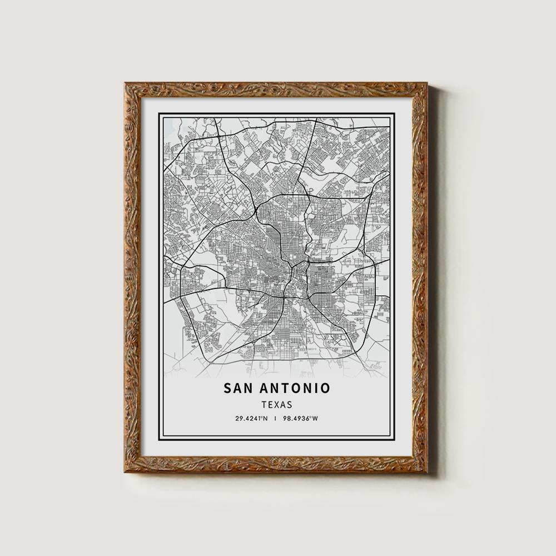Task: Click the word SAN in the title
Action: click(x=237, y=388)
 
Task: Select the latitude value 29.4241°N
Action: click(x=251, y=419)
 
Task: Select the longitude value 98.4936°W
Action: click(x=300, y=419)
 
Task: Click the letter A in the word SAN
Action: click(x=237, y=388)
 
